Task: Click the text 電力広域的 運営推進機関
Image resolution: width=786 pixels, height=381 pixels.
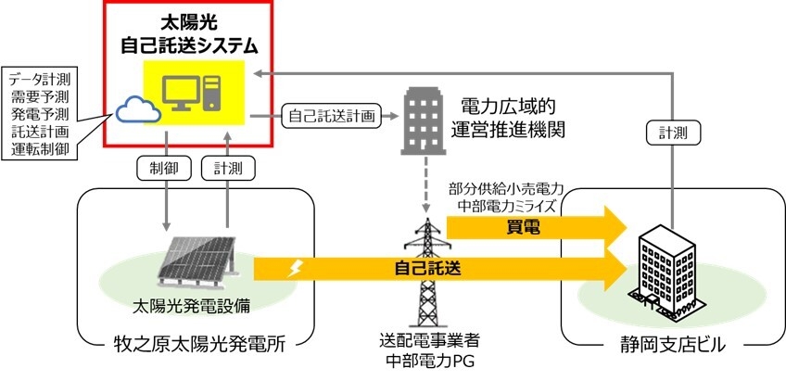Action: pos(514,115)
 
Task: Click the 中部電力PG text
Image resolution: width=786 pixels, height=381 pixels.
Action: pos(422,358)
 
